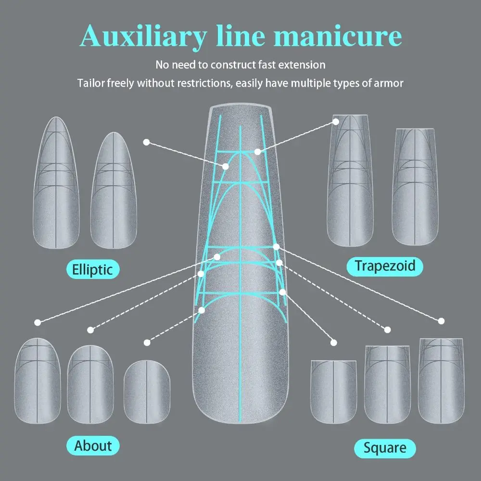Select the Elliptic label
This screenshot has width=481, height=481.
pos(92,269)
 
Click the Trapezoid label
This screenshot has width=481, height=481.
pos(385,266)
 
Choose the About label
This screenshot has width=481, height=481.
pos(93,445)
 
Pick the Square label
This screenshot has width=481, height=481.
pos(385,448)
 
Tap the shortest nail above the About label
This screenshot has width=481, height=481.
pos(147,392)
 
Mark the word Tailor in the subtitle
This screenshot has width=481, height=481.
pos(91,83)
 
